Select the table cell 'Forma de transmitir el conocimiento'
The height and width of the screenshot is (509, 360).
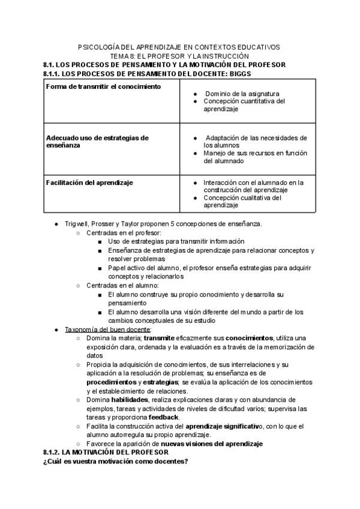103,86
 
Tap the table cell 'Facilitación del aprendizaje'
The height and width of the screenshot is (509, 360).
89,182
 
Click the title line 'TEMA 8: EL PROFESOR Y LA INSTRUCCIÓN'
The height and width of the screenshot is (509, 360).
179,56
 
